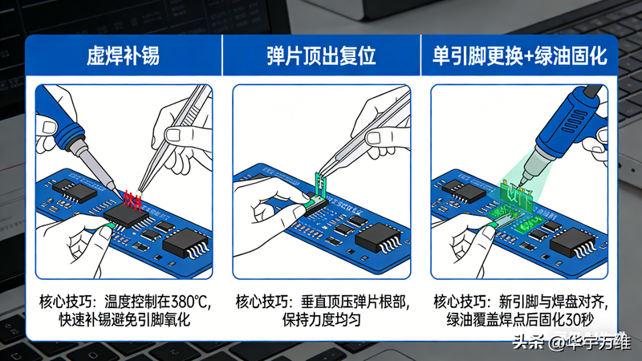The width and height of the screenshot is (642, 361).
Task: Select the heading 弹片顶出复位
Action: pos(321,57)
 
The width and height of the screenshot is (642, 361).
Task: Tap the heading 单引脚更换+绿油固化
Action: pos(519,57)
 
